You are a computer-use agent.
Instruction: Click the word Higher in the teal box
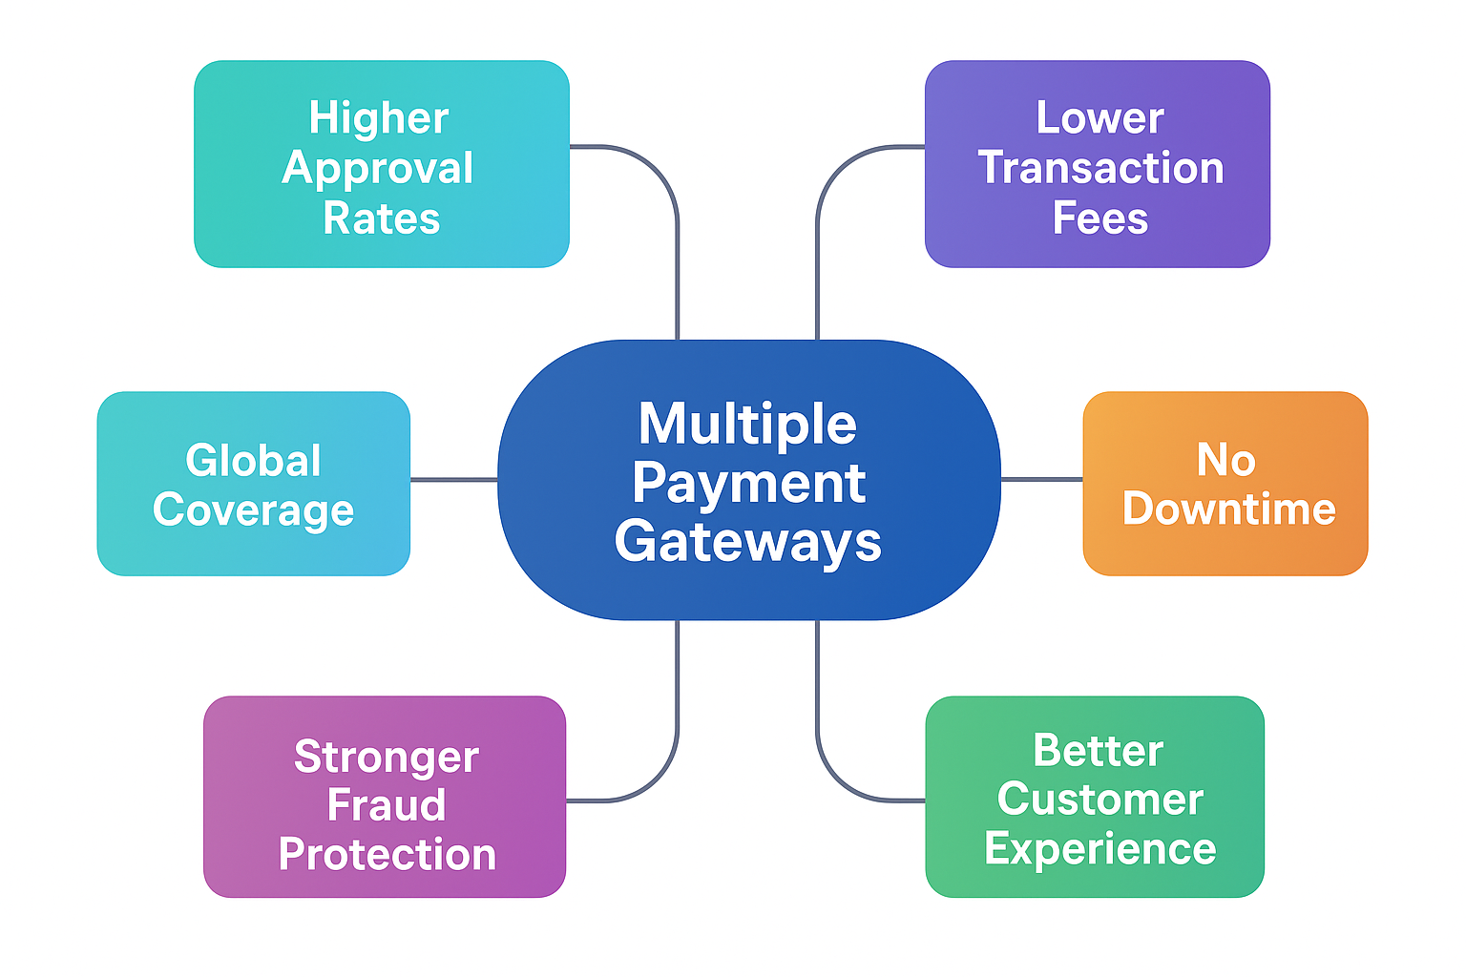[379, 119]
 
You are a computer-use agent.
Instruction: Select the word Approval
[378, 169]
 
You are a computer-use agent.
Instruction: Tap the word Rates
[382, 218]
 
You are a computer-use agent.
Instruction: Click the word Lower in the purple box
[1099, 119]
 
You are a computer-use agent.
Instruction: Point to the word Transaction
[1100, 169]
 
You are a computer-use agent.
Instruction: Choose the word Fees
[1099, 218]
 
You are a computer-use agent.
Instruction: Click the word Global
[253, 461]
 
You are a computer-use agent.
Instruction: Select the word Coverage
[253, 510]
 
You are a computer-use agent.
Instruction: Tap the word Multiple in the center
[747, 424]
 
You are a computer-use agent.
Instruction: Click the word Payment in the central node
[748, 483]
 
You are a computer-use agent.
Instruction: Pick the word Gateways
[747, 542]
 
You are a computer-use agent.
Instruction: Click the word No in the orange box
[1225, 461]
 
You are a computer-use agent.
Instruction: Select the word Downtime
[1228, 509]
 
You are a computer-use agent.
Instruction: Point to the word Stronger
[386, 758]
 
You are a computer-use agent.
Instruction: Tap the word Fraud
[387, 805]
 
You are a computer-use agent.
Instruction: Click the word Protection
[387, 855]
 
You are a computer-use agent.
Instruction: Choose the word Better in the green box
[1098, 751]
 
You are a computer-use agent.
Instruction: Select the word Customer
[1099, 800]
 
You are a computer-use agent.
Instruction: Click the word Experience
[1099, 848]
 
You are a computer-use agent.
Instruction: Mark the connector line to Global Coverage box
[454, 479]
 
